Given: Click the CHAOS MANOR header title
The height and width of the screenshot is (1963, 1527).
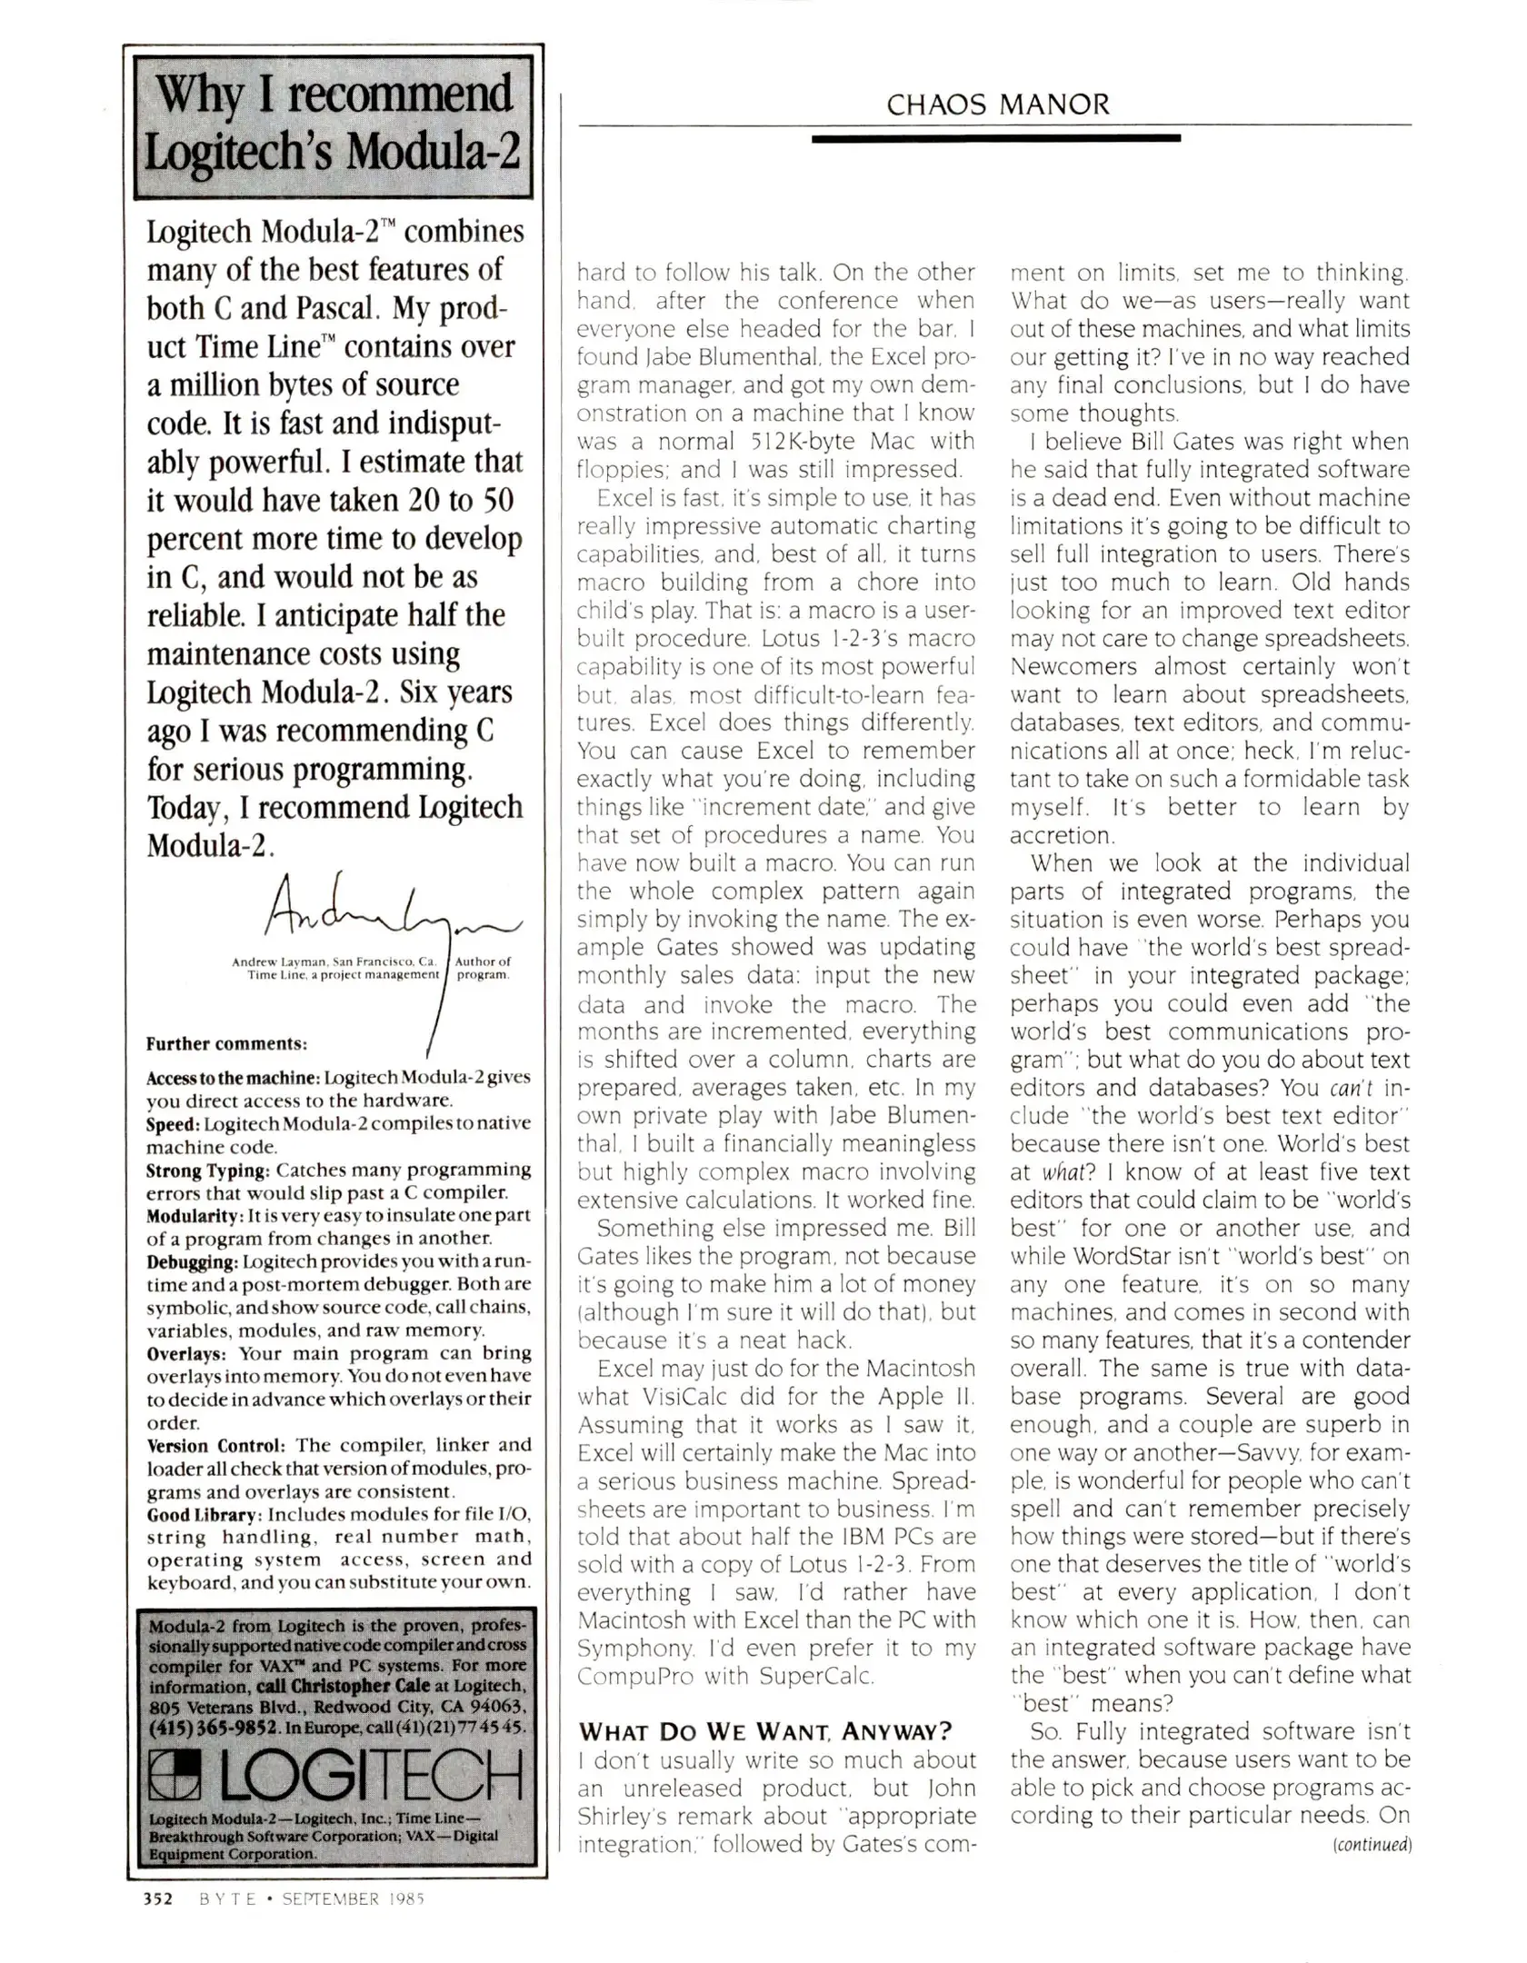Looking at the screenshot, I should tap(997, 105).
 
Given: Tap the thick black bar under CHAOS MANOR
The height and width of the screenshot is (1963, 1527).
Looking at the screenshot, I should tap(995, 138).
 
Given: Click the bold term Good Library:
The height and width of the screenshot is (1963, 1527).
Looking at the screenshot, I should tap(205, 1514).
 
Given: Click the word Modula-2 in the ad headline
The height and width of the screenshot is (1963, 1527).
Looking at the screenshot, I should tap(433, 151).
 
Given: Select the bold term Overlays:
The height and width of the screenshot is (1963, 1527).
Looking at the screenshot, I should tap(185, 1353).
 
